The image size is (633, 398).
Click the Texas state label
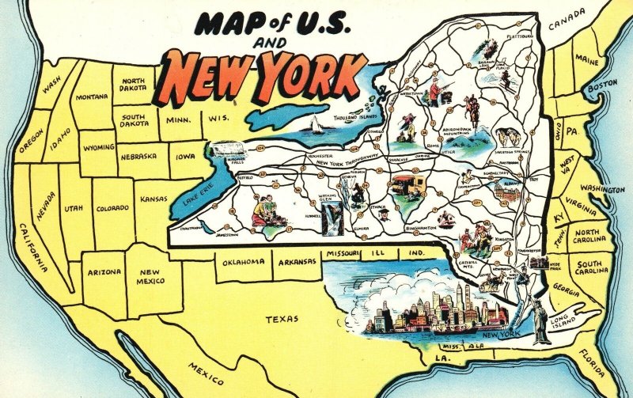(282, 319)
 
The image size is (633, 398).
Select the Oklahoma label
(243, 262)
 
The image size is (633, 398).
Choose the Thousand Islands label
(355, 117)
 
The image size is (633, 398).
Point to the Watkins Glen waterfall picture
(334, 210)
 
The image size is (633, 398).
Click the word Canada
(567, 15)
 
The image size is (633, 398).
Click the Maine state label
(586, 60)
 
